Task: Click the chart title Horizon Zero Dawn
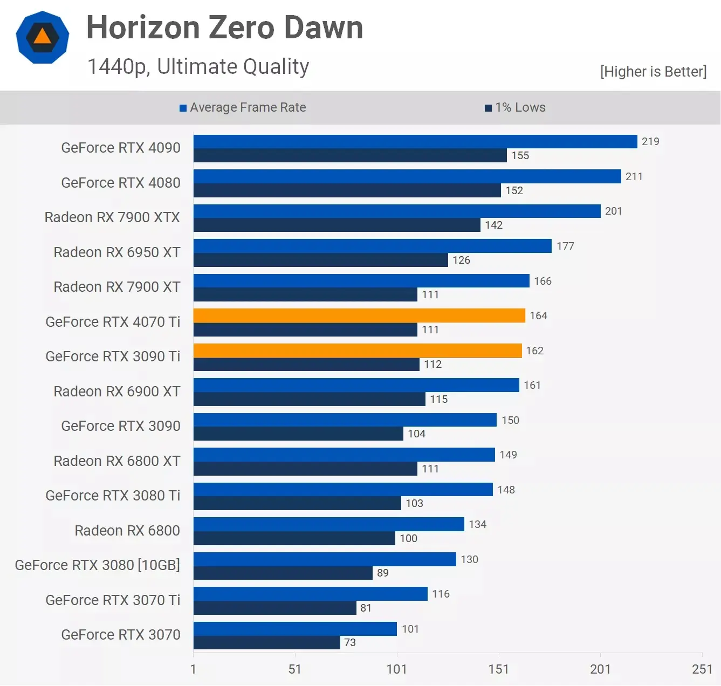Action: [224, 28]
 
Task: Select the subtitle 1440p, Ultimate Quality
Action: [198, 67]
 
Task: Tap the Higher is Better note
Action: [653, 72]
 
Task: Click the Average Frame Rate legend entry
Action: [243, 107]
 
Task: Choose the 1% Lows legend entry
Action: [515, 107]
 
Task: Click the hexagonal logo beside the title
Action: [43, 37]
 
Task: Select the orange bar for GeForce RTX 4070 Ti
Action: [359, 315]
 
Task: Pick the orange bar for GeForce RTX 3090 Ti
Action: [358, 351]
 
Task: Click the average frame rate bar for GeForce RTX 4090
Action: [415, 141]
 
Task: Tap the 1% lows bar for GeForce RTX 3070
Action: [267, 642]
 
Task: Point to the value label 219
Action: [650, 141]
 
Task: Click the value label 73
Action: [350, 642]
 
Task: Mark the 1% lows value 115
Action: [438, 399]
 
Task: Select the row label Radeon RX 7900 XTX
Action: [112, 217]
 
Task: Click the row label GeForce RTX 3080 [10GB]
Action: [98, 565]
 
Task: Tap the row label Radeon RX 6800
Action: [127, 531]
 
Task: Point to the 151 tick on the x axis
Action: [498, 669]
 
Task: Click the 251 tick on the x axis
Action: [702, 669]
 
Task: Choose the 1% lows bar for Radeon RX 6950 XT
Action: [321, 260]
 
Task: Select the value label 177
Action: [565, 246]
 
